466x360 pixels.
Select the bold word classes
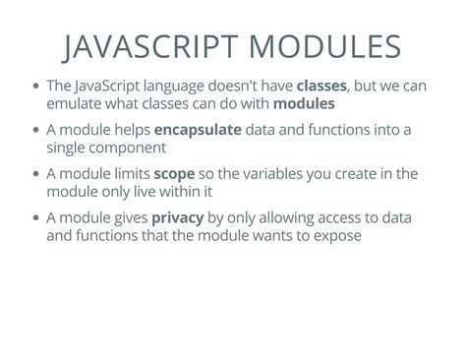click(320, 86)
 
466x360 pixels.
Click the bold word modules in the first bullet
click(304, 103)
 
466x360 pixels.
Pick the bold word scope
click(173, 174)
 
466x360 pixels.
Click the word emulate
click(76, 103)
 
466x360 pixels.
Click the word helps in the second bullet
click(129, 130)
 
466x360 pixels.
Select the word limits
click(128, 174)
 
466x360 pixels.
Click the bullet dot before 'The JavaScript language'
click(36, 87)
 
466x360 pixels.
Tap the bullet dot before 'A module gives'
click(36, 219)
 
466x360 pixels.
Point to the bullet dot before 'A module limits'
click(36, 175)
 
